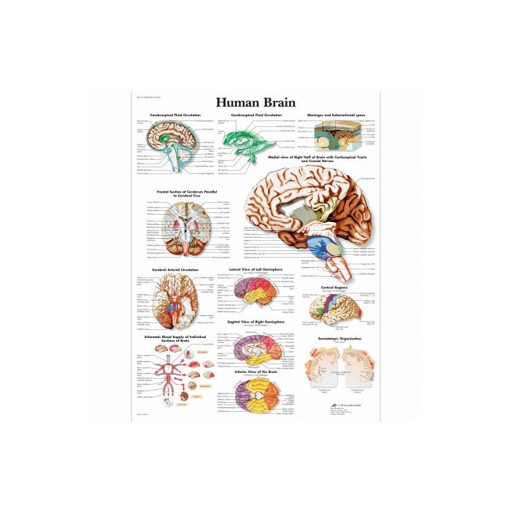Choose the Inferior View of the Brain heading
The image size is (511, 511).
click(256, 371)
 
